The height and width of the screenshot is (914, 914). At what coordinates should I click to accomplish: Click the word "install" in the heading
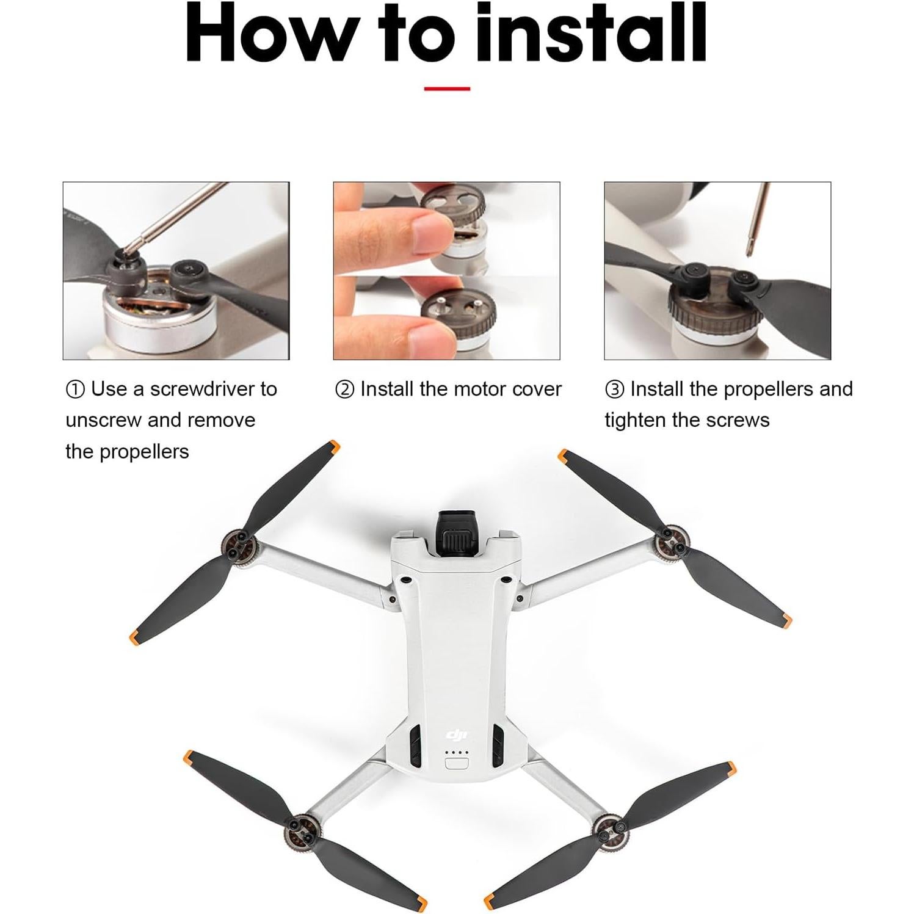pos(590,34)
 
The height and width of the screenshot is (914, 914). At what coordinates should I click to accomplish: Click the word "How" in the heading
pos(269,34)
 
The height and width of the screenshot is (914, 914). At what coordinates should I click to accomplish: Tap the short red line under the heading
pos(447,89)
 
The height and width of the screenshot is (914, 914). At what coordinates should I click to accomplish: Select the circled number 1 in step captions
pos(75,390)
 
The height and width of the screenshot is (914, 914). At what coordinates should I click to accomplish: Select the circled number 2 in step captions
pos(344,390)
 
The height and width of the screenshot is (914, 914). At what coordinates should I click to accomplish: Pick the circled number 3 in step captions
pos(614,390)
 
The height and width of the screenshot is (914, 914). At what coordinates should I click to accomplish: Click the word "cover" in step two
pos(537,389)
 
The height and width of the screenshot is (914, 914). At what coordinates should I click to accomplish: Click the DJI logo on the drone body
pos(456,734)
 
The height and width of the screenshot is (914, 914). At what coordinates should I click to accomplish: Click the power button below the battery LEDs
pos(457,763)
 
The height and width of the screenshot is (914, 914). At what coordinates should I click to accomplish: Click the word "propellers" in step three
pos(752,389)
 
